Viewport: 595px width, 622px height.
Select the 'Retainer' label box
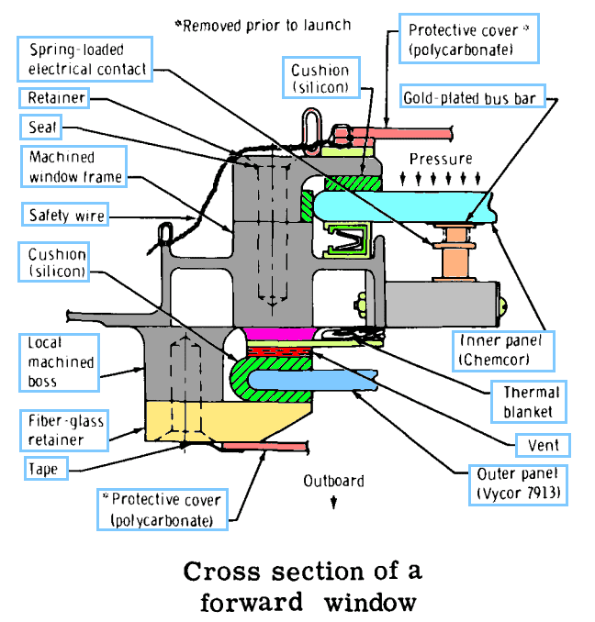click(56, 97)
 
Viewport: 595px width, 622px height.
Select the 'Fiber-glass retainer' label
click(64, 430)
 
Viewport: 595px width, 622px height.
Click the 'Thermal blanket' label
click(531, 402)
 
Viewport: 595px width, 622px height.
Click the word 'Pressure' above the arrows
click(440, 158)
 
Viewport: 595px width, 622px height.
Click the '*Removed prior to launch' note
click(263, 26)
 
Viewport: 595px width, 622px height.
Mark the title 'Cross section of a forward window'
click(302, 585)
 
